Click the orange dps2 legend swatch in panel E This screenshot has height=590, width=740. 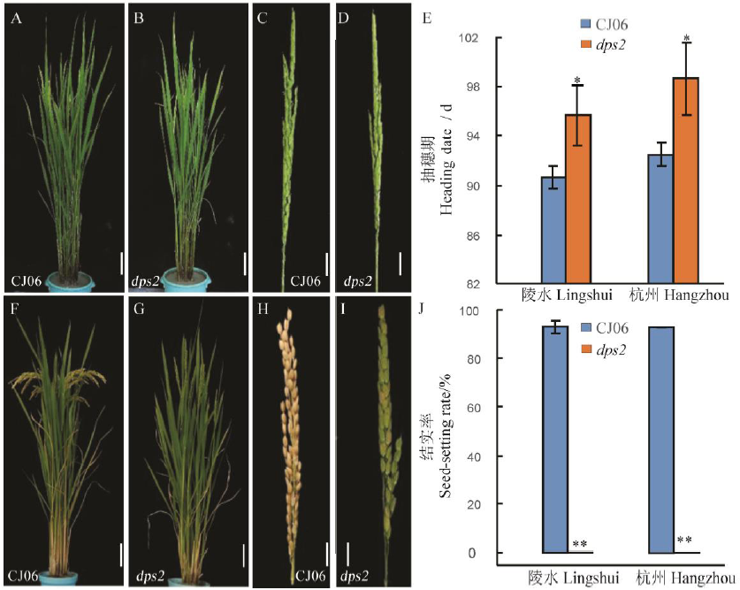click(587, 43)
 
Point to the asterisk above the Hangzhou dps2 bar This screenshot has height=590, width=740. click(686, 38)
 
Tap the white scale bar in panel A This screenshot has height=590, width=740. click(121, 263)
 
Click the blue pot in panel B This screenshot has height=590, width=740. click(187, 280)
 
